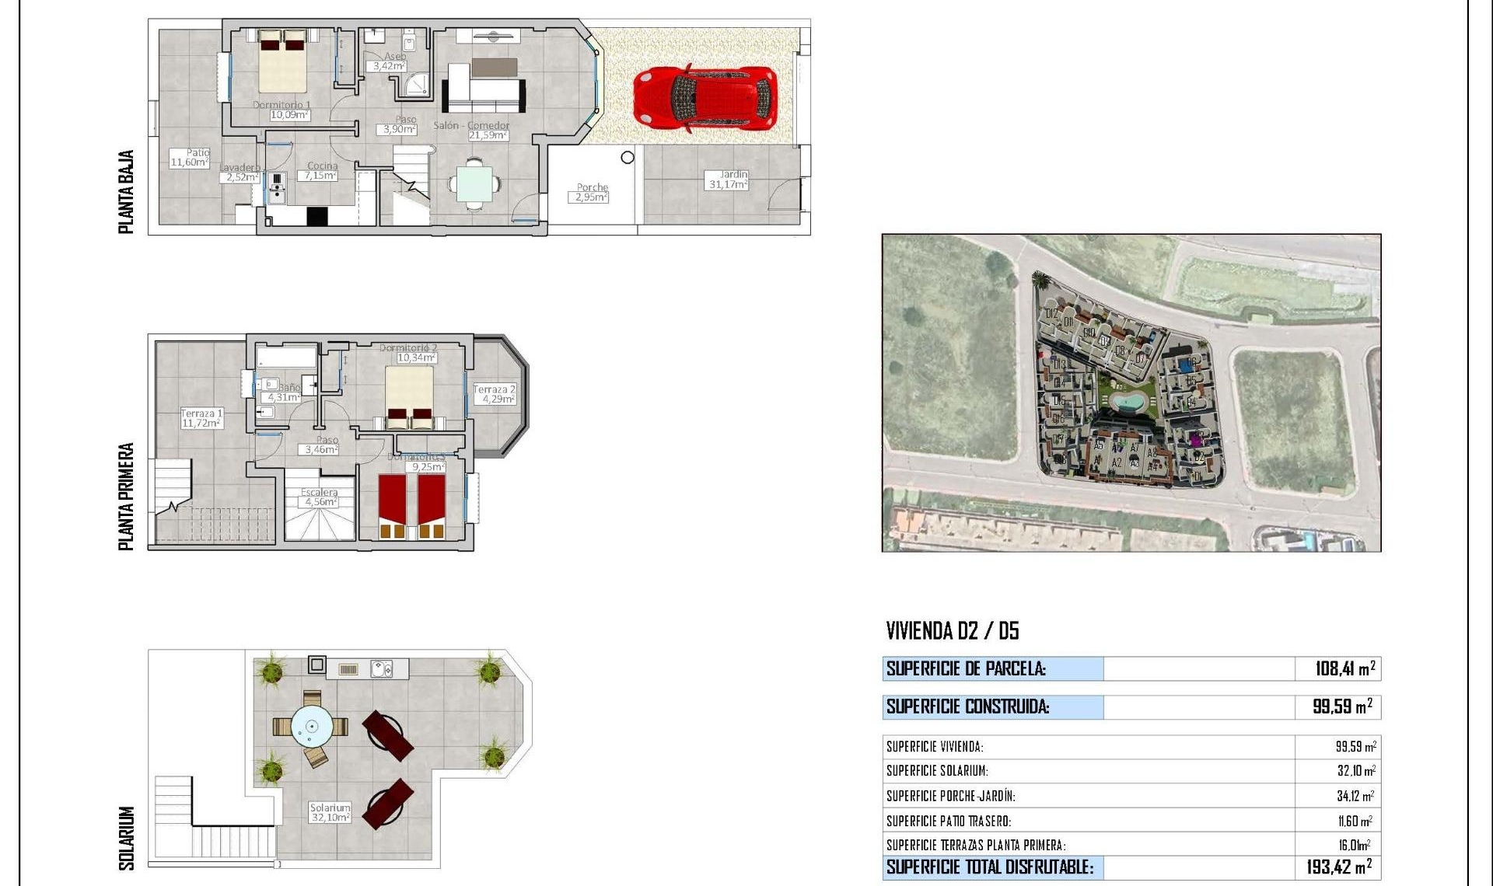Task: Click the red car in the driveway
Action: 705,97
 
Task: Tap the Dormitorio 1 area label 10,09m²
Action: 288,115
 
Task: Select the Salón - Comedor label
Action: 471,125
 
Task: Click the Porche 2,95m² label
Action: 591,193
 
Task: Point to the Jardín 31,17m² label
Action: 729,180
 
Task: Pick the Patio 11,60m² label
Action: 190,158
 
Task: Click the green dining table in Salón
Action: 474,184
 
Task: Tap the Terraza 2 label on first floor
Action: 495,394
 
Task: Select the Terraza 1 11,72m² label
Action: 201,419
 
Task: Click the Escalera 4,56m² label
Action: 319,497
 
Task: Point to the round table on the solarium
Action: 311,727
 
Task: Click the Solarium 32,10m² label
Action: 330,813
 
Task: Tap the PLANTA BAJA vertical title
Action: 126,191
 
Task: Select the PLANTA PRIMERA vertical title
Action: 126,497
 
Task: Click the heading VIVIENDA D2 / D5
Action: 952,630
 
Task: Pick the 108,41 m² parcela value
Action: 1344,668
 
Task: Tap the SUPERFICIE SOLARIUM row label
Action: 937,771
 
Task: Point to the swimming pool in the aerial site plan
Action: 1125,402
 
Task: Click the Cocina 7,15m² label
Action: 321,171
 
